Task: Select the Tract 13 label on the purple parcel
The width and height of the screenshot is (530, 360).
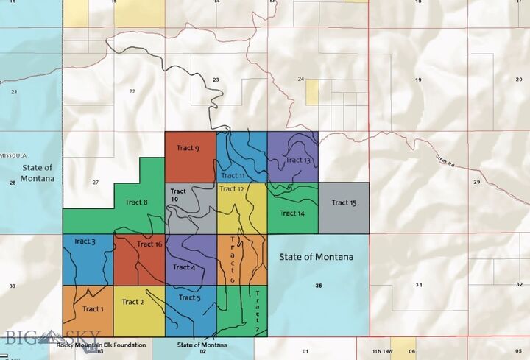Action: tap(298, 160)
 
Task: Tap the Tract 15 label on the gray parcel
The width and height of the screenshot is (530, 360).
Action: tap(344, 202)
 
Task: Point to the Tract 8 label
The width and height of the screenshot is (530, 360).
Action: tap(137, 202)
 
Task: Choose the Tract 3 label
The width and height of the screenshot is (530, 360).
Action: tap(84, 241)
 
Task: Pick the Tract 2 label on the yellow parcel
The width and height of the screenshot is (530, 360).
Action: tap(132, 302)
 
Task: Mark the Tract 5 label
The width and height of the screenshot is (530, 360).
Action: tap(188, 298)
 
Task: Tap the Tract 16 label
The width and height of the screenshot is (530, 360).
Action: tap(149, 244)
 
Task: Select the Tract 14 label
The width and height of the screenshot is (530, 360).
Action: tap(292, 213)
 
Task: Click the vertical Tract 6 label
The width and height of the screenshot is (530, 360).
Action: tap(233, 259)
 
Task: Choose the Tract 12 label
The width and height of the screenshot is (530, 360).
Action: tap(231, 189)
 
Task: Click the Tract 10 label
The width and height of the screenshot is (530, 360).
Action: tap(178, 195)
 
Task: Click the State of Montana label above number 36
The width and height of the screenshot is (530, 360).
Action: tap(317, 257)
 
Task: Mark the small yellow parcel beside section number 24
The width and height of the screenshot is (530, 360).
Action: tap(312, 91)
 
